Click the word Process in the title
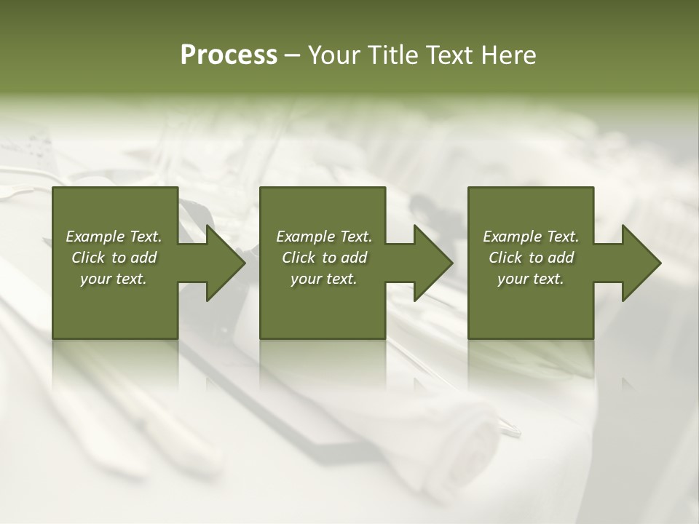click(x=229, y=55)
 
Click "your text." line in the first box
click(x=114, y=279)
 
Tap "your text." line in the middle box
click(x=324, y=279)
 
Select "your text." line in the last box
click(x=531, y=279)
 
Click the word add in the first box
click(x=143, y=258)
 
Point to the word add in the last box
click(x=561, y=258)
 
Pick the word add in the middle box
click(x=354, y=258)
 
